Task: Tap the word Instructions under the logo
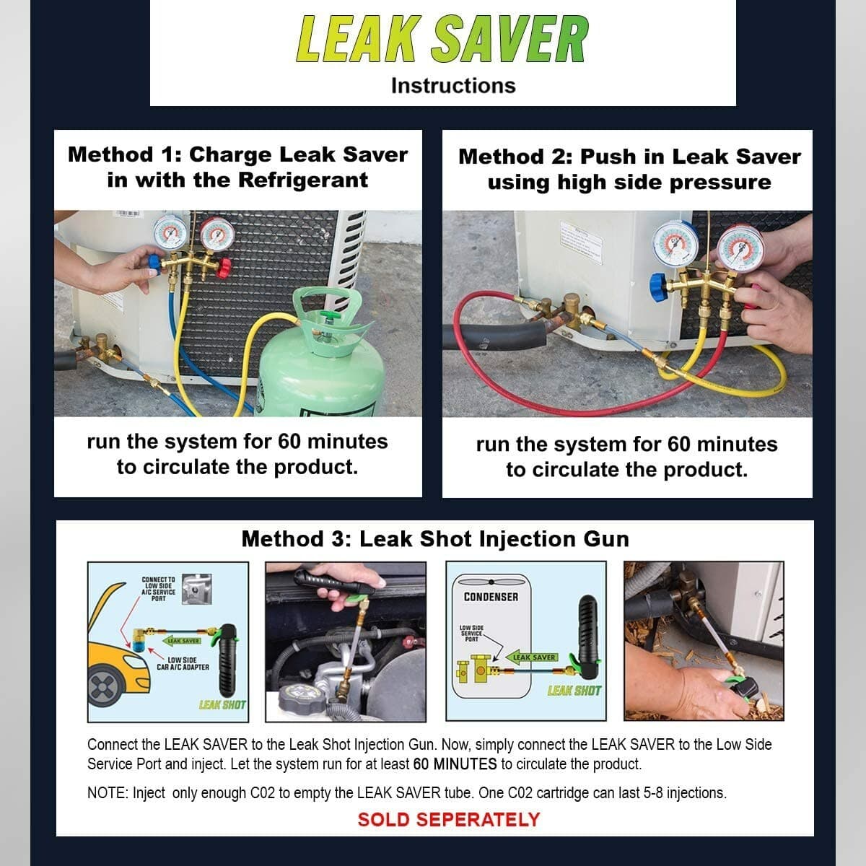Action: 453,86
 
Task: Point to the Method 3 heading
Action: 435,539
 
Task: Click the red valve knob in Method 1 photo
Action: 224,270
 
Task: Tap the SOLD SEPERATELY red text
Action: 448,820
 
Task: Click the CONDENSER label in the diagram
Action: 491,597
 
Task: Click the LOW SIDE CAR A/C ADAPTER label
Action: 183,663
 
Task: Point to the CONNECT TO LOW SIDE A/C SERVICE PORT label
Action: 158,589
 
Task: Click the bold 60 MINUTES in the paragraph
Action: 455,764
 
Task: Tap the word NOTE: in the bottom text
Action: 107,793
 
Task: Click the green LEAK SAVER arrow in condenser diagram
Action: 533,657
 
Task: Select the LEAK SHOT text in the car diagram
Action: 222,705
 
